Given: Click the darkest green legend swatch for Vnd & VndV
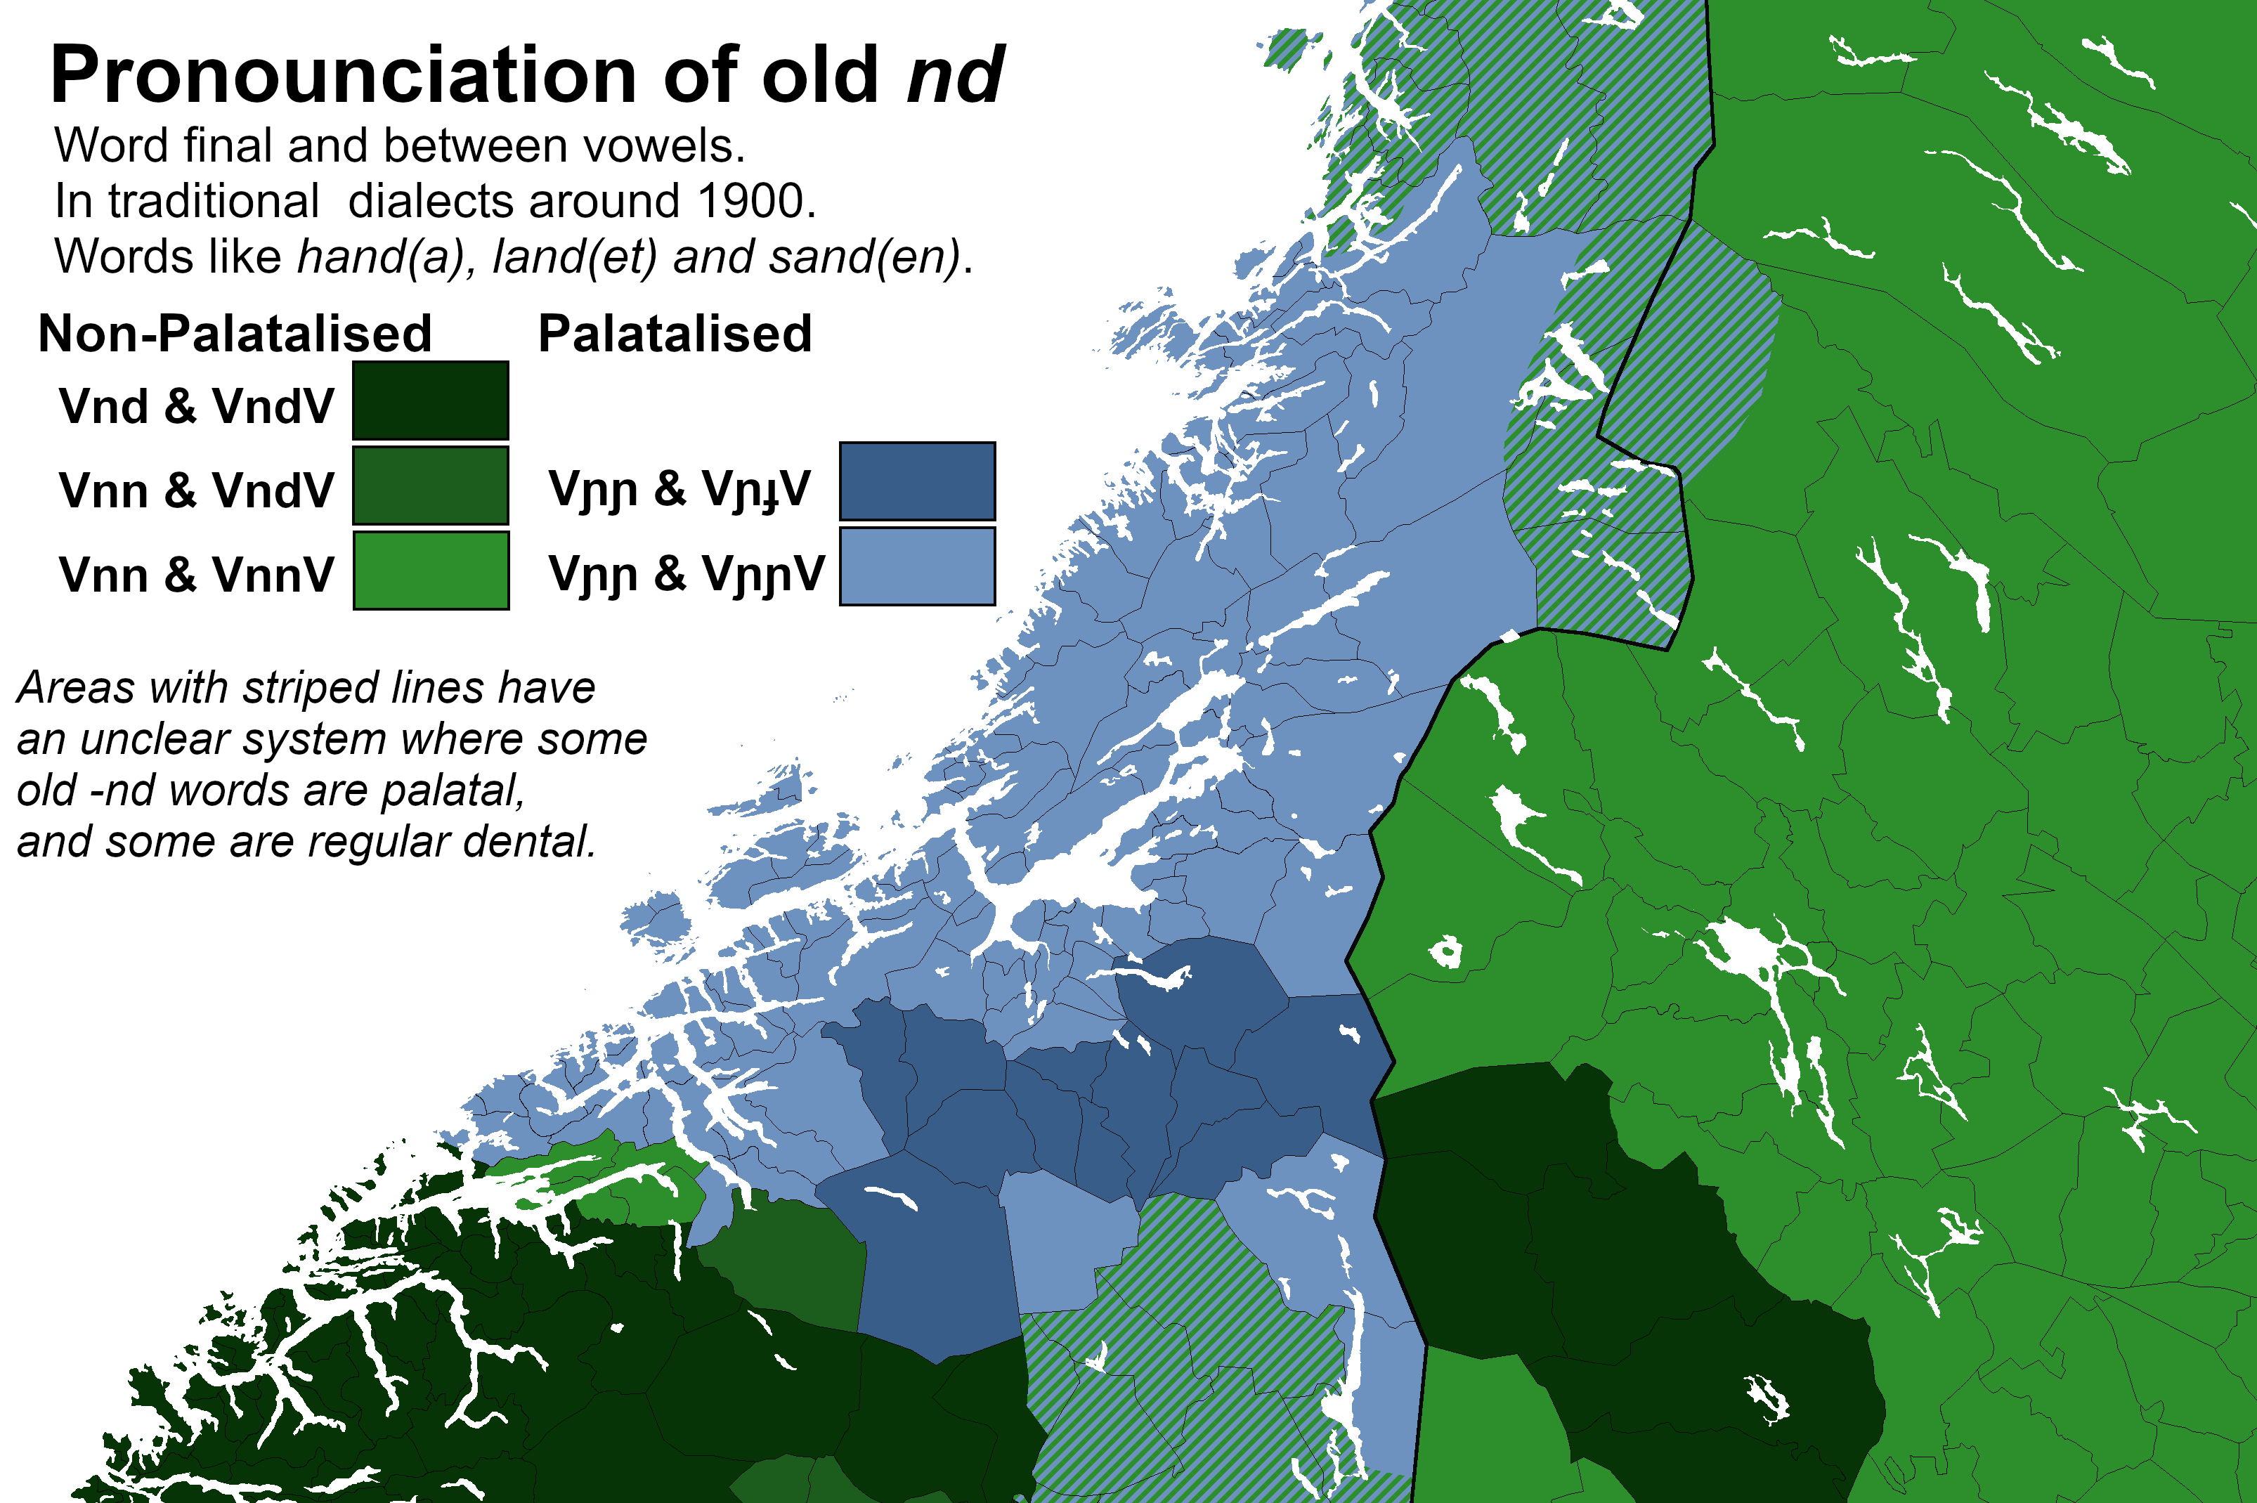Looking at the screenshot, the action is tap(430, 401).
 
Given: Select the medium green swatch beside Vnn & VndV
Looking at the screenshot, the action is tap(430, 485).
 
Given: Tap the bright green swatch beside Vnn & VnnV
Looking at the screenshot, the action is tap(430, 571).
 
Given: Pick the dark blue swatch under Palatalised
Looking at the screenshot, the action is tap(917, 481).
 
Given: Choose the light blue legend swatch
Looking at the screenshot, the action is tap(917, 566).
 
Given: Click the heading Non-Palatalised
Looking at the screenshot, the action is tap(235, 334).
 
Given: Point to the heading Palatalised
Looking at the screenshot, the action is tap(675, 334).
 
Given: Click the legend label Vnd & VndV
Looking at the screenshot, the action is tap(197, 406).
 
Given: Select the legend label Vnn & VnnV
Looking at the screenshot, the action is tap(197, 575).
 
